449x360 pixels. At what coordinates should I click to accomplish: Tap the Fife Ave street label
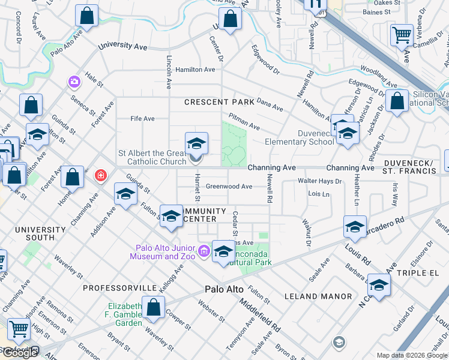[143, 119]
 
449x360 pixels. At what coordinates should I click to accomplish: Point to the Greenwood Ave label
[229, 187]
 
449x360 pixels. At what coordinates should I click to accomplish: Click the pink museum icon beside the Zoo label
[205, 250]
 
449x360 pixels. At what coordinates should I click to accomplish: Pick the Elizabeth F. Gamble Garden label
[125, 314]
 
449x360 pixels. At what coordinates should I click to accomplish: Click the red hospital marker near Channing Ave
[101, 175]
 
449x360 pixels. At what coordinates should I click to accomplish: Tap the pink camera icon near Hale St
[74, 81]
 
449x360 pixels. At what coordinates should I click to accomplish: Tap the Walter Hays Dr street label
[320, 181]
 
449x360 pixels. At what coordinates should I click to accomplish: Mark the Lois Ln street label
[319, 194]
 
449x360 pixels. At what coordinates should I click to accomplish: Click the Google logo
[20, 353]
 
